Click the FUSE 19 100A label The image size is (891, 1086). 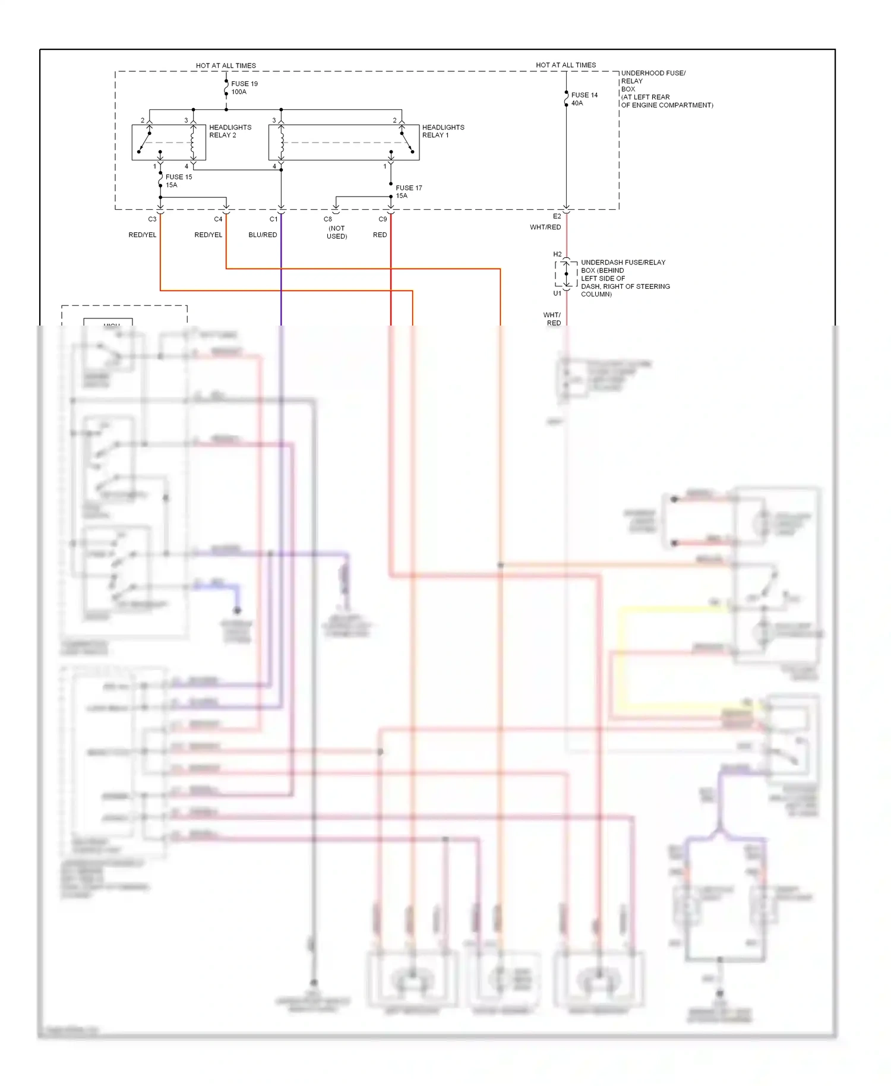pos(244,88)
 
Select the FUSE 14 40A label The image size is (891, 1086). pos(584,99)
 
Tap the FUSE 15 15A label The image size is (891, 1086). pos(178,181)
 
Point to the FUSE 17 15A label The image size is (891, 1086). pos(409,192)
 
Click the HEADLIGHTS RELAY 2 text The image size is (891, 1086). pos(230,131)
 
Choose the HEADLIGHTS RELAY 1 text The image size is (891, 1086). pos(443,131)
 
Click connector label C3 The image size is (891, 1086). pos(152,219)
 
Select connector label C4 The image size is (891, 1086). pos(218,219)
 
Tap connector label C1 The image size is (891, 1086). pos(273,219)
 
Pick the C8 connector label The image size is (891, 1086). pos(327,219)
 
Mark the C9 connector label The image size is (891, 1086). pos(383,219)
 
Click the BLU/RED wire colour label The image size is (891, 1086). pos(263,235)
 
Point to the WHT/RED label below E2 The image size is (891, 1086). pos(545,228)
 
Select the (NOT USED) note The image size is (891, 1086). pos(337,232)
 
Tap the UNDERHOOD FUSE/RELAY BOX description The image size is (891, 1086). pos(666,89)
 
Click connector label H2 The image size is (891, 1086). pos(557,254)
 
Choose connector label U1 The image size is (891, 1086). pos(557,293)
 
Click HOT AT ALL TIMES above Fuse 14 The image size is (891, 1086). pos(565,65)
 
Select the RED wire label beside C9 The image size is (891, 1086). pos(380,235)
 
